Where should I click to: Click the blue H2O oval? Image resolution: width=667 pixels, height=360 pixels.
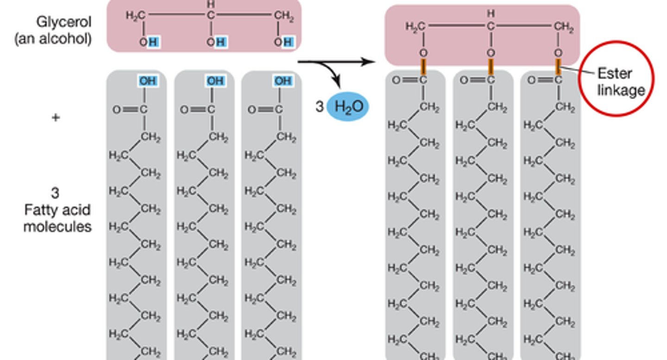click(x=348, y=107)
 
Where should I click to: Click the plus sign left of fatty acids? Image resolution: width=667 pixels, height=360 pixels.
click(x=56, y=118)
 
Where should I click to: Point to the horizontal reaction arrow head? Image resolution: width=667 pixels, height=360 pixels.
click(x=370, y=62)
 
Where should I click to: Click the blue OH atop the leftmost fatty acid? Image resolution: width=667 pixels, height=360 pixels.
click(x=148, y=81)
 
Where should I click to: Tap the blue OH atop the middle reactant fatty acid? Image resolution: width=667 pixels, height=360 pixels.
click(x=215, y=81)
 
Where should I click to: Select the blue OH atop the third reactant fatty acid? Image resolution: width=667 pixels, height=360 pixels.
click(x=283, y=81)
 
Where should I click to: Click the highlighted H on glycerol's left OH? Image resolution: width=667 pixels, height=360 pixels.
click(x=154, y=43)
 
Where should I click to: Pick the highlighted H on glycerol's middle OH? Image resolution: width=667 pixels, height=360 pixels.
click(x=221, y=43)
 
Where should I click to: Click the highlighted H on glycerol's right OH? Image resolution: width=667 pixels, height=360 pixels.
click(x=288, y=43)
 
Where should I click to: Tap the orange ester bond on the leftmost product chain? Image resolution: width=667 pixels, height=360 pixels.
click(x=423, y=67)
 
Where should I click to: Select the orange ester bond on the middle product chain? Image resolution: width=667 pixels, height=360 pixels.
click(x=491, y=67)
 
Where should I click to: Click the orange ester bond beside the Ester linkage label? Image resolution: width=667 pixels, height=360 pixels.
click(x=558, y=67)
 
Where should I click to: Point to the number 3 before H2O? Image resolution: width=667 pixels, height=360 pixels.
click(x=319, y=107)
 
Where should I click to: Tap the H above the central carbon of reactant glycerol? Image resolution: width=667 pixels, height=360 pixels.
click(x=211, y=4)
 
